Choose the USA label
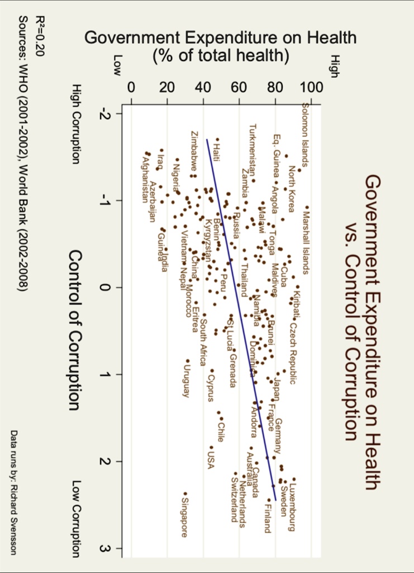tap(211, 461)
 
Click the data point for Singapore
tap(185, 493)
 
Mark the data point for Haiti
tap(217, 140)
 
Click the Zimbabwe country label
tap(193, 151)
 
